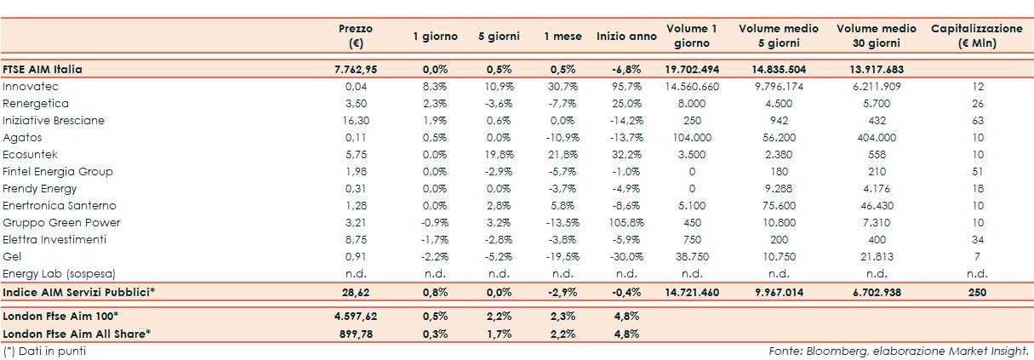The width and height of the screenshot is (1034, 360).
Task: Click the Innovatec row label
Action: pyautogui.click(x=30, y=87)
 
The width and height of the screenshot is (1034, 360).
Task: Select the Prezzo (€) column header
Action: pyautogui.click(x=355, y=36)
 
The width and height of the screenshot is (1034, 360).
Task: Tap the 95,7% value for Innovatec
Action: pyautogui.click(x=626, y=87)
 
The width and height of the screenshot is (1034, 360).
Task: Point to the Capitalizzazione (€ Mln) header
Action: pyautogui.click(x=976, y=36)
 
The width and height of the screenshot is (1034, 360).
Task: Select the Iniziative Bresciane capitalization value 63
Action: pyautogui.click(x=976, y=121)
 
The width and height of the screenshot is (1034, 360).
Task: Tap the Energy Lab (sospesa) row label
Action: pyautogui.click(x=59, y=274)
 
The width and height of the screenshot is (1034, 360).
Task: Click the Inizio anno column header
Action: pyautogui.click(x=626, y=37)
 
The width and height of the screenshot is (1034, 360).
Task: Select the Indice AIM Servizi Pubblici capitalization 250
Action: pyautogui.click(x=976, y=292)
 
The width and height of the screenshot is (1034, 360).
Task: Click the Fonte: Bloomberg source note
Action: pyautogui.click(x=899, y=351)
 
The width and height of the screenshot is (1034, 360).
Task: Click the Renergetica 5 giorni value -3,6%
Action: pyautogui.click(x=499, y=104)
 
